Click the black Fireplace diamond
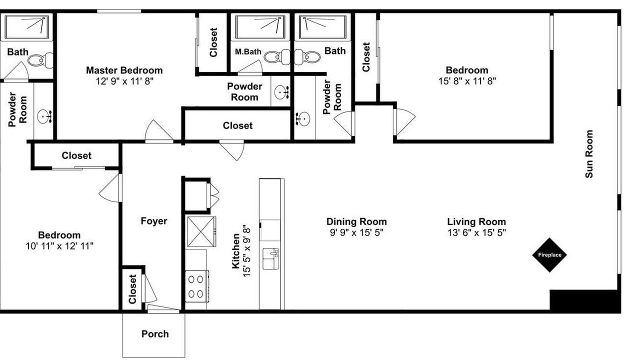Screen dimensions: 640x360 click(549, 255)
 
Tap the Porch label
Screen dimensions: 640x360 click(155, 333)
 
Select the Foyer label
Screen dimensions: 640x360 click(153, 221)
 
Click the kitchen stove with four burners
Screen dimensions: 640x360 click(197, 286)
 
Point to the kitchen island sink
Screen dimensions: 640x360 click(271, 259)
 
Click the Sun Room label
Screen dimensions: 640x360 click(589, 154)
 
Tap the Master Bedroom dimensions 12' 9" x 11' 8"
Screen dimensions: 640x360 click(124, 81)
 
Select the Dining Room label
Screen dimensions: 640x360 click(356, 221)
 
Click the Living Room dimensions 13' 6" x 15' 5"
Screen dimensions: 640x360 click(476, 233)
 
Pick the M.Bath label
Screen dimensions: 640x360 click(248, 51)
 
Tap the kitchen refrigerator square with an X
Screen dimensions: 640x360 click(201, 231)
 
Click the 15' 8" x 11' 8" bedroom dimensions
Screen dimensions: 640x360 click(467, 81)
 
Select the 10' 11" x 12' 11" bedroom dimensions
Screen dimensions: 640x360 click(59, 246)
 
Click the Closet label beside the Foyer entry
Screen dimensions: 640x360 click(132, 289)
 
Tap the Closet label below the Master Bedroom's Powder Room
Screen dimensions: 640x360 click(237, 125)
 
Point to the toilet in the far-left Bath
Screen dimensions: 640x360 click(40, 60)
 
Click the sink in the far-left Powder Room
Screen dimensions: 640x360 click(44, 116)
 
